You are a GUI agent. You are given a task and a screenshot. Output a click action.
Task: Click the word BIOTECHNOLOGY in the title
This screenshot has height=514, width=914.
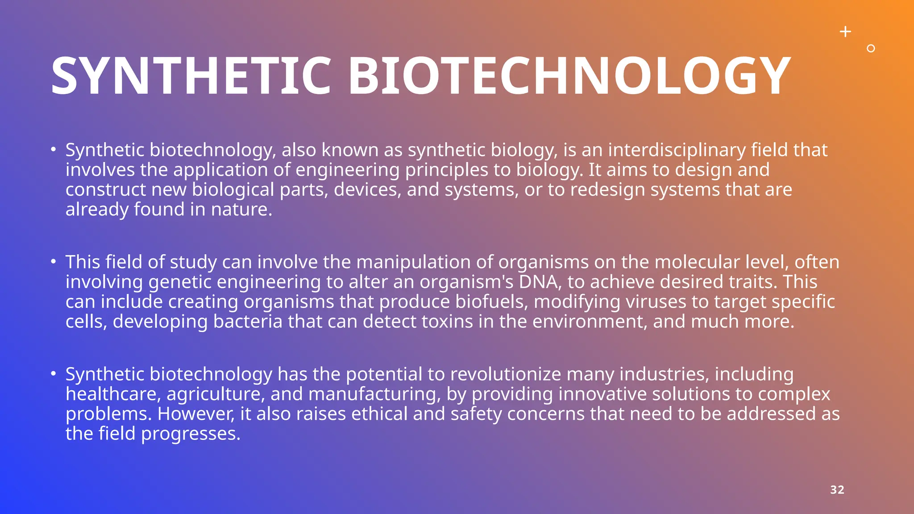click(x=569, y=76)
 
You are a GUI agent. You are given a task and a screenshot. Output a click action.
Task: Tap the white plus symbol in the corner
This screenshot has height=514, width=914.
click(x=845, y=32)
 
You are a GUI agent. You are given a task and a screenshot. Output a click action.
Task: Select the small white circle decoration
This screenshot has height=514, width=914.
click(x=871, y=49)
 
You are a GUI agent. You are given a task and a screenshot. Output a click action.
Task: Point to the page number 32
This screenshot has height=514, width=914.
click(x=837, y=490)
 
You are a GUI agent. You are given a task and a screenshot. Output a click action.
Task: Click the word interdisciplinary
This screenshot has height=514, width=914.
click(x=677, y=150)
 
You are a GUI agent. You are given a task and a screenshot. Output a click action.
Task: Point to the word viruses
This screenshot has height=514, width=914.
click(x=656, y=302)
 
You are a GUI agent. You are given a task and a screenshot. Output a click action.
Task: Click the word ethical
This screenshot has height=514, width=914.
click(x=379, y=414)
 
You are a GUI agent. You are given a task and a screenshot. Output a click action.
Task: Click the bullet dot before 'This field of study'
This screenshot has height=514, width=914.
click(x=53, y=261)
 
